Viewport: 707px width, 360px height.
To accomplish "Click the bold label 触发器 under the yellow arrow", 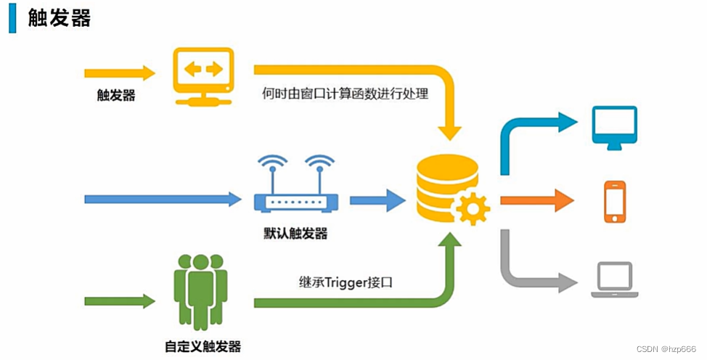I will (116, 96).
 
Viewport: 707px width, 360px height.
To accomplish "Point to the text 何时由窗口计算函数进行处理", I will (346, 94).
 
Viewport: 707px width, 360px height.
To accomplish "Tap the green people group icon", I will (201, 288).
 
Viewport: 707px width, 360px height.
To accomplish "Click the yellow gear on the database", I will (473, 209).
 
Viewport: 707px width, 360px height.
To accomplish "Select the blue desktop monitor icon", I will (615, 127).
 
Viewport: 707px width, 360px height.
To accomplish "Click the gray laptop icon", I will (614, 279).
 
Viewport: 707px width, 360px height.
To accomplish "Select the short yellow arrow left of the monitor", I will (120, 73).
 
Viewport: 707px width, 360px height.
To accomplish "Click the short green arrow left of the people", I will (120, 300).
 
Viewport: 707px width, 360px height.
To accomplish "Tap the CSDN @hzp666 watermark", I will (666, 349).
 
